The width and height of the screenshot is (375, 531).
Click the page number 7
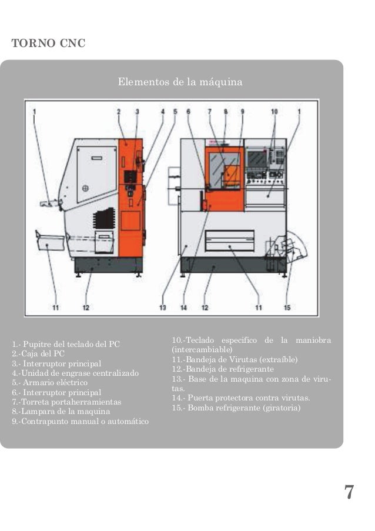pos(349,492)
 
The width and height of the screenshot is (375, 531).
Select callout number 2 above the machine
pos(119,111)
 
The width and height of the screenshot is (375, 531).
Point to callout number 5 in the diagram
pos(175,111)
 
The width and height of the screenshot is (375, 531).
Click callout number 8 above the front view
pos(225,111)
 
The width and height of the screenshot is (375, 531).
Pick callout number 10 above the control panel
pos(274,111)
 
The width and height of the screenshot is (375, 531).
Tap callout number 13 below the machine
pos(162,306)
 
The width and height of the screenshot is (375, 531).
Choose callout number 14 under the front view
pos(183,306)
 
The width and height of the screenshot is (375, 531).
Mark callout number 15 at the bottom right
pos(287,306)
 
